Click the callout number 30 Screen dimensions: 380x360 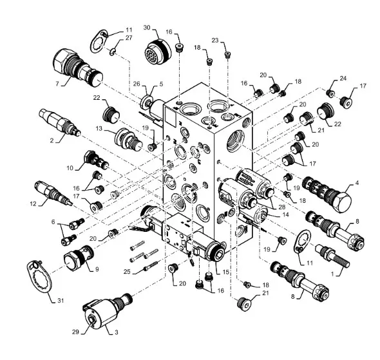point(147,28)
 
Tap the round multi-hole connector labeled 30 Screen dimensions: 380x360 point(157,51)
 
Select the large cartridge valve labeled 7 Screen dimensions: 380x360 point(77,67)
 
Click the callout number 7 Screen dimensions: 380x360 point(57,84)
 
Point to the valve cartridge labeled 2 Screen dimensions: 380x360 point(60,122)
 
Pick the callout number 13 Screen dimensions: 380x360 point(99,128)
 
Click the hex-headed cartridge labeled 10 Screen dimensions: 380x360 point(96,160)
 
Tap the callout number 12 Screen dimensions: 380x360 point(33,204)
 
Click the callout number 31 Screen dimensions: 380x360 point(61,301)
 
